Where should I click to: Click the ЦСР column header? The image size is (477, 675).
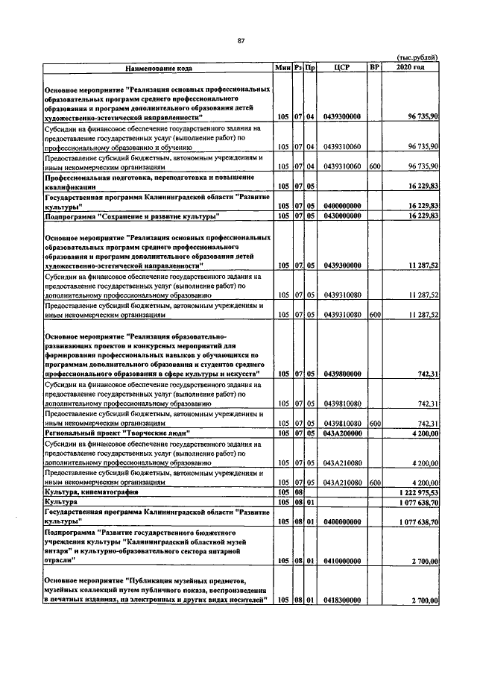click(343, 68)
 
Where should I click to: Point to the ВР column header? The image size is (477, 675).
click(375, 68)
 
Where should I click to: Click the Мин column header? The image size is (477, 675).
click(282, 68)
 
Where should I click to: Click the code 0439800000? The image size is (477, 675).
click(343, 374)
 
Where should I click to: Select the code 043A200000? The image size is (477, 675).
click(343, 433)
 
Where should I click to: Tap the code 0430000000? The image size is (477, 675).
click(343, 216)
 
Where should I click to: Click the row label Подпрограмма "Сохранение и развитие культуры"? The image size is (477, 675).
click(131, 216)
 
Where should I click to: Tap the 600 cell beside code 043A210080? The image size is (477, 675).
click(375, 483)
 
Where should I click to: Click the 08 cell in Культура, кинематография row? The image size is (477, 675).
click(297, 493)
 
